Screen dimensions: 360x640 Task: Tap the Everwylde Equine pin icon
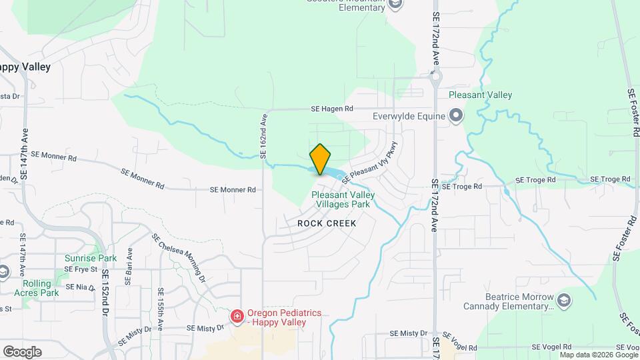tap(456, 117)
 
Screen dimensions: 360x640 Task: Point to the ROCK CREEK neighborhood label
tap(327, 223)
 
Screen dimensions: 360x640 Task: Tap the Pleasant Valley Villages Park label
tap(343, 199)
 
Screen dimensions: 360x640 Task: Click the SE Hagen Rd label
tap(331, 109)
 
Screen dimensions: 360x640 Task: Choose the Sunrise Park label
tap(91, 258)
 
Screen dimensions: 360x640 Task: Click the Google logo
tap(21, 351)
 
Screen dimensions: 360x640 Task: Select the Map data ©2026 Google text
tap(598, 355)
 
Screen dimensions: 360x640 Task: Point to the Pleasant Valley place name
tap(480, 95)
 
